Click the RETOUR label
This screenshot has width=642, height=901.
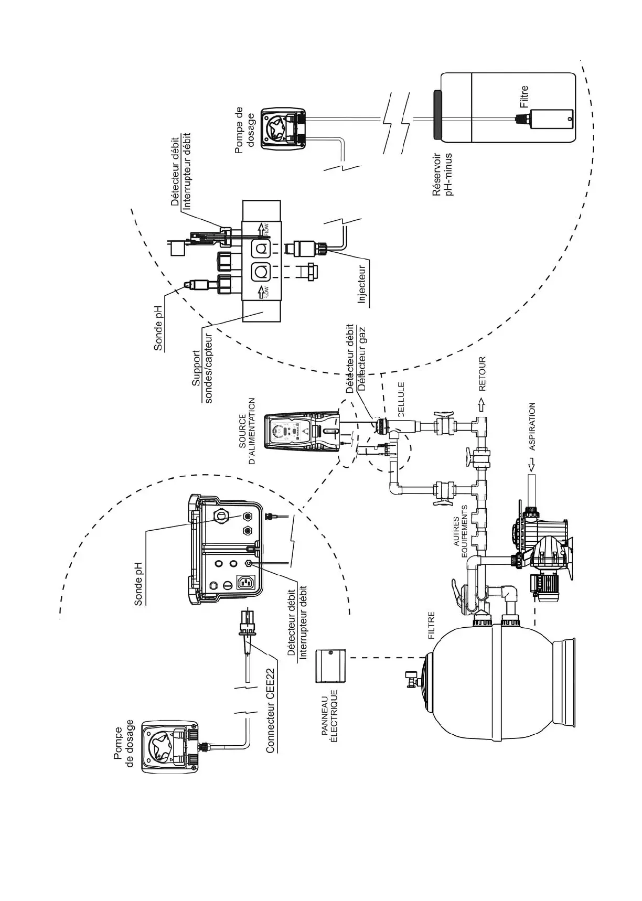(483, 374)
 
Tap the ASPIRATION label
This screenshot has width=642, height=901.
(532, 426)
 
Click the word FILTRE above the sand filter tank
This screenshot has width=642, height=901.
(432, 625)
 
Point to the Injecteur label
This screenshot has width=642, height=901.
(362, 284)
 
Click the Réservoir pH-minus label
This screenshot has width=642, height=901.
(442, 175)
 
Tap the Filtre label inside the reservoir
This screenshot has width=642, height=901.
(524, 97)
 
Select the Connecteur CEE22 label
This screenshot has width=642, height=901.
(271, 710)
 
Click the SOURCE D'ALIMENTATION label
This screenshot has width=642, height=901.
(247, 431)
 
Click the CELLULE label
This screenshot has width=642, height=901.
(401, 399)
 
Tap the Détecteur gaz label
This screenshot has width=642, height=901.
(360, 360)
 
